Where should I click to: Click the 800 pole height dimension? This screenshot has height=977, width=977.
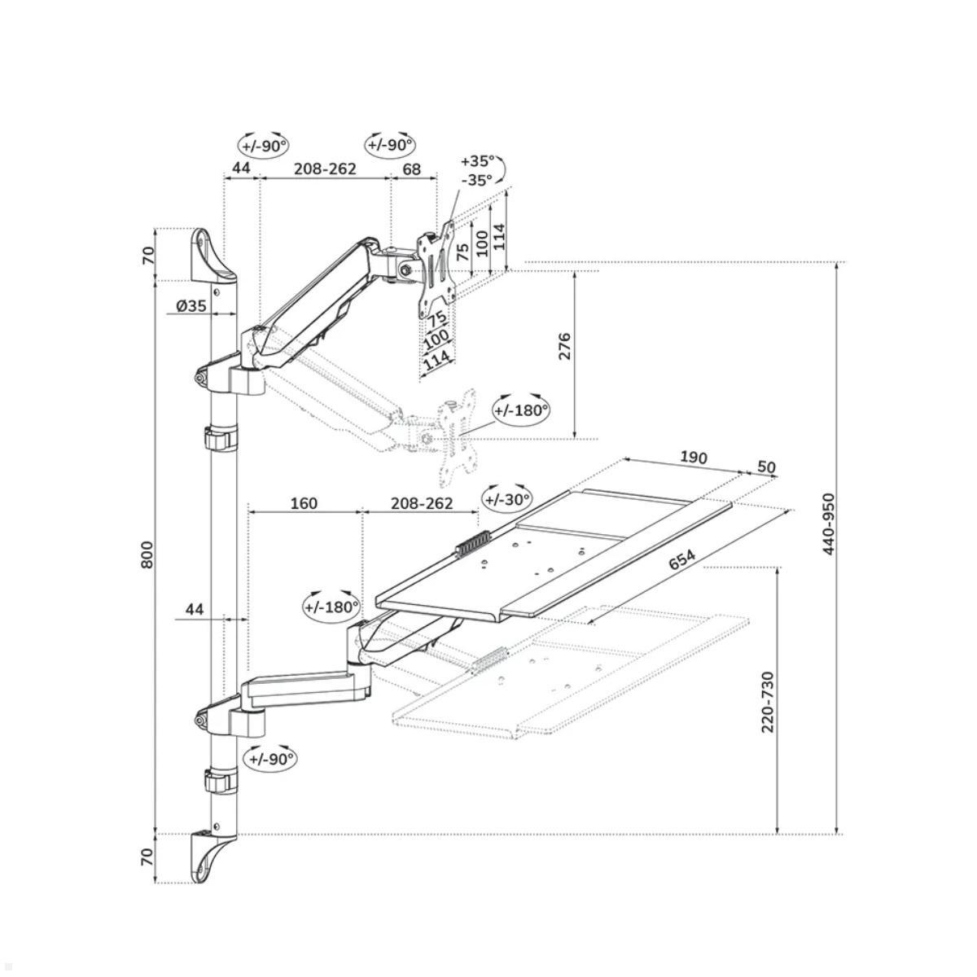click(x=147, y=554)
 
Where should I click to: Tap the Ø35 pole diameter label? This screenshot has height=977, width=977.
click(x=191, y=305)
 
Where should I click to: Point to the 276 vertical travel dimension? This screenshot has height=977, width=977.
click(x=564, y=346)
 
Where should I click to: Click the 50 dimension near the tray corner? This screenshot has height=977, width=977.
click(x=766, y=467)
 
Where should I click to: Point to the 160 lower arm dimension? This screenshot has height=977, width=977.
click(x=304, y=503)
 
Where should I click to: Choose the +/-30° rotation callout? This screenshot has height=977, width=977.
click(x=507, y=500)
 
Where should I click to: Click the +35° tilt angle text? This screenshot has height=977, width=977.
click(x=477, y=161)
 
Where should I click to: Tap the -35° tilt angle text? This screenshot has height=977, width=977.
click(x=476, y=180)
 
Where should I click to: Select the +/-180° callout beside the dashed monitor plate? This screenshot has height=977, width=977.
click(x=522, y=410)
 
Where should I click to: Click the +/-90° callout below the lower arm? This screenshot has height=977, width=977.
click(x=271, y=773)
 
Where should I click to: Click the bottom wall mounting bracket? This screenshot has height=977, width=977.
click(x=213, y=854)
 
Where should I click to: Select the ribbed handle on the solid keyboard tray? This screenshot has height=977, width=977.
click(x=472, y=544)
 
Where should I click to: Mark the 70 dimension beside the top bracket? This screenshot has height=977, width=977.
click(x=147, y=256)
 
